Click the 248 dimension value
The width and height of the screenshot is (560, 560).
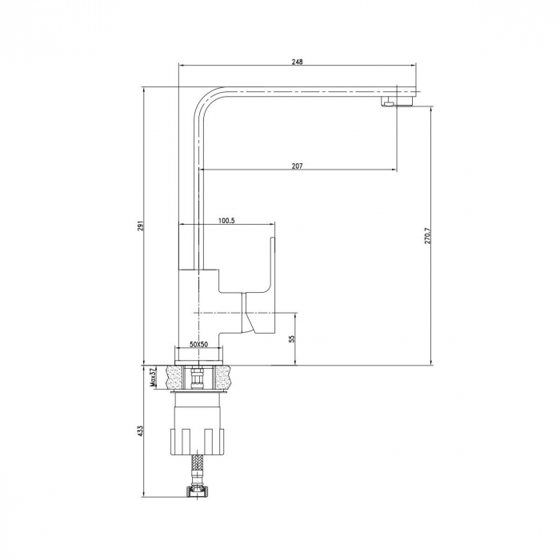tap(298, 62)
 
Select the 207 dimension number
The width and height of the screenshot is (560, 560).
tap(297, 166)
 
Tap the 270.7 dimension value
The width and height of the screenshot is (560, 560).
tap(428, 236)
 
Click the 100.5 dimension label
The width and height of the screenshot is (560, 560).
tap(226, 221)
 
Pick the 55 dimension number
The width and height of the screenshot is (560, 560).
tap(292, 338)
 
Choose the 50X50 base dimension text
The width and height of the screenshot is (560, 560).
tap(198, 344)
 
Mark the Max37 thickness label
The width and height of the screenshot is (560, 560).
tap(153, 378)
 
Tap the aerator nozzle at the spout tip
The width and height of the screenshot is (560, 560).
tap(389, 103)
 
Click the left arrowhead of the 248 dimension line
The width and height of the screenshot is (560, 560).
tap(180, 66)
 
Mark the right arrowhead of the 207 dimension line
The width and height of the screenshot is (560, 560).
tap(393, 170)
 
